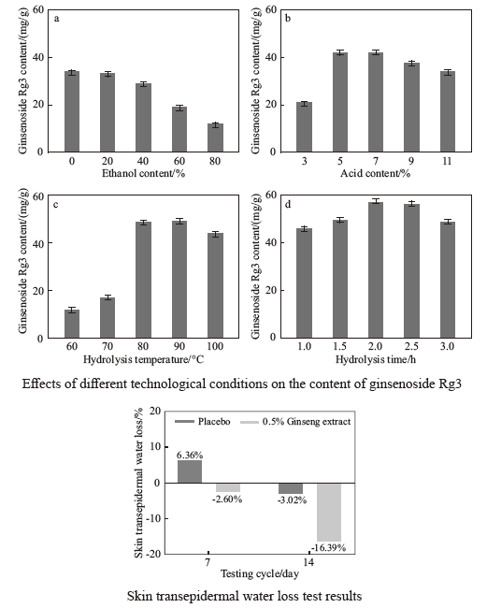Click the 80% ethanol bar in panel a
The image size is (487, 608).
coord(215,138)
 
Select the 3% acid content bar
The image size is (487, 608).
coord(304,127)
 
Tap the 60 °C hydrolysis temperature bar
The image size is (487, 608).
coord(72,324)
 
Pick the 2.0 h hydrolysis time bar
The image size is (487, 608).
coord(376,269)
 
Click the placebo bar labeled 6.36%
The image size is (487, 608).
coord(190,471)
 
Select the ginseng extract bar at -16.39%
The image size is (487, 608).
coord(329,513)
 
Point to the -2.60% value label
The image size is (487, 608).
coord(227,499)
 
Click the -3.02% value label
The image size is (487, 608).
coord(292,500)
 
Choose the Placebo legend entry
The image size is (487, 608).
coord(203,422)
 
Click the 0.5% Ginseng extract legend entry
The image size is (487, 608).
coord(295,422)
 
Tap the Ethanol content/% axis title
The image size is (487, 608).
coord(143,173)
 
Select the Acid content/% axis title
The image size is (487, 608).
coord(375,173)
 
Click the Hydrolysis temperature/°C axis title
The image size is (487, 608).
coord(143,359)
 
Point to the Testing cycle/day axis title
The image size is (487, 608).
coord(260,573)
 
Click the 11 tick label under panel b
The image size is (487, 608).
coord(447,161)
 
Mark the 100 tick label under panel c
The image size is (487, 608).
coord(215,346)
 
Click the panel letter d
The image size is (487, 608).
coord(288,204)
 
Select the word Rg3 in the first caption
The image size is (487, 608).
coord(450,384)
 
